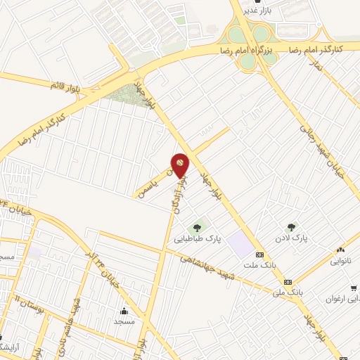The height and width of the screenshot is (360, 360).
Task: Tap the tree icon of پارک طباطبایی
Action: (198, 226)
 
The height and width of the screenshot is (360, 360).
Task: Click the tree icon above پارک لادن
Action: (291, 226)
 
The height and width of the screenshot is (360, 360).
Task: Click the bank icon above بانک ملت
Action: (260, 254)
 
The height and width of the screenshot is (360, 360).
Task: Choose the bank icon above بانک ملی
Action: (287, 281)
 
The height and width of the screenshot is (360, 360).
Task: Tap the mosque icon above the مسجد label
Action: (124, 311)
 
